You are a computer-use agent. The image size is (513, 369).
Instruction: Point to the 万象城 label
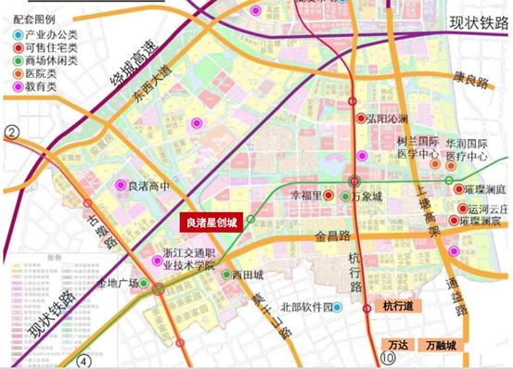pos(371,197)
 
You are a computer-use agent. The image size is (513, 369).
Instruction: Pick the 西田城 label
pos(249,274)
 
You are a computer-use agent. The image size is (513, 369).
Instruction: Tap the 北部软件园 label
pos(305,307)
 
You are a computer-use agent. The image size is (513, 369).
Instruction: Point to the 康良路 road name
pos(471,82)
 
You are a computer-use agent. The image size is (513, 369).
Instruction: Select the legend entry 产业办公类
pos(46,34)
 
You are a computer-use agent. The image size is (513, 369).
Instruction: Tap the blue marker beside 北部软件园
pos(340,307)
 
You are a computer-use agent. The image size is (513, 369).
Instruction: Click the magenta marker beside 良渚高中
pos(119,184)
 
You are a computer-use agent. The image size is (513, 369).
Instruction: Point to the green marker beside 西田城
pos(225,274)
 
